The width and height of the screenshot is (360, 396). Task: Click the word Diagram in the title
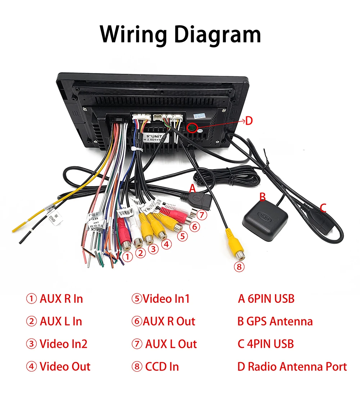217,35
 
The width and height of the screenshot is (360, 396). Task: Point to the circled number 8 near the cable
239,267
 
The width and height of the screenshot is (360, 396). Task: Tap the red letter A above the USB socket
192,188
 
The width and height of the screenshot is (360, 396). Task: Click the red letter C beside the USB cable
323,208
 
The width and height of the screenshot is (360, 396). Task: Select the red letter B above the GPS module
263,197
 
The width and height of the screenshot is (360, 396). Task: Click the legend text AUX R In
61,299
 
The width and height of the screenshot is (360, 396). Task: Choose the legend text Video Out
65,367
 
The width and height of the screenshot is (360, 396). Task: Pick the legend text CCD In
162,367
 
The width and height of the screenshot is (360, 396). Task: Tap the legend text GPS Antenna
279,321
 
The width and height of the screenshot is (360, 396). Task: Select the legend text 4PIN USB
270,344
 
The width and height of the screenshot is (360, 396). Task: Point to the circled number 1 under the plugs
127,256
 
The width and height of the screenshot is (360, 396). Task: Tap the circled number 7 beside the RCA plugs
202,215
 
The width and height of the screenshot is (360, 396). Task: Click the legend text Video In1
166,299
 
